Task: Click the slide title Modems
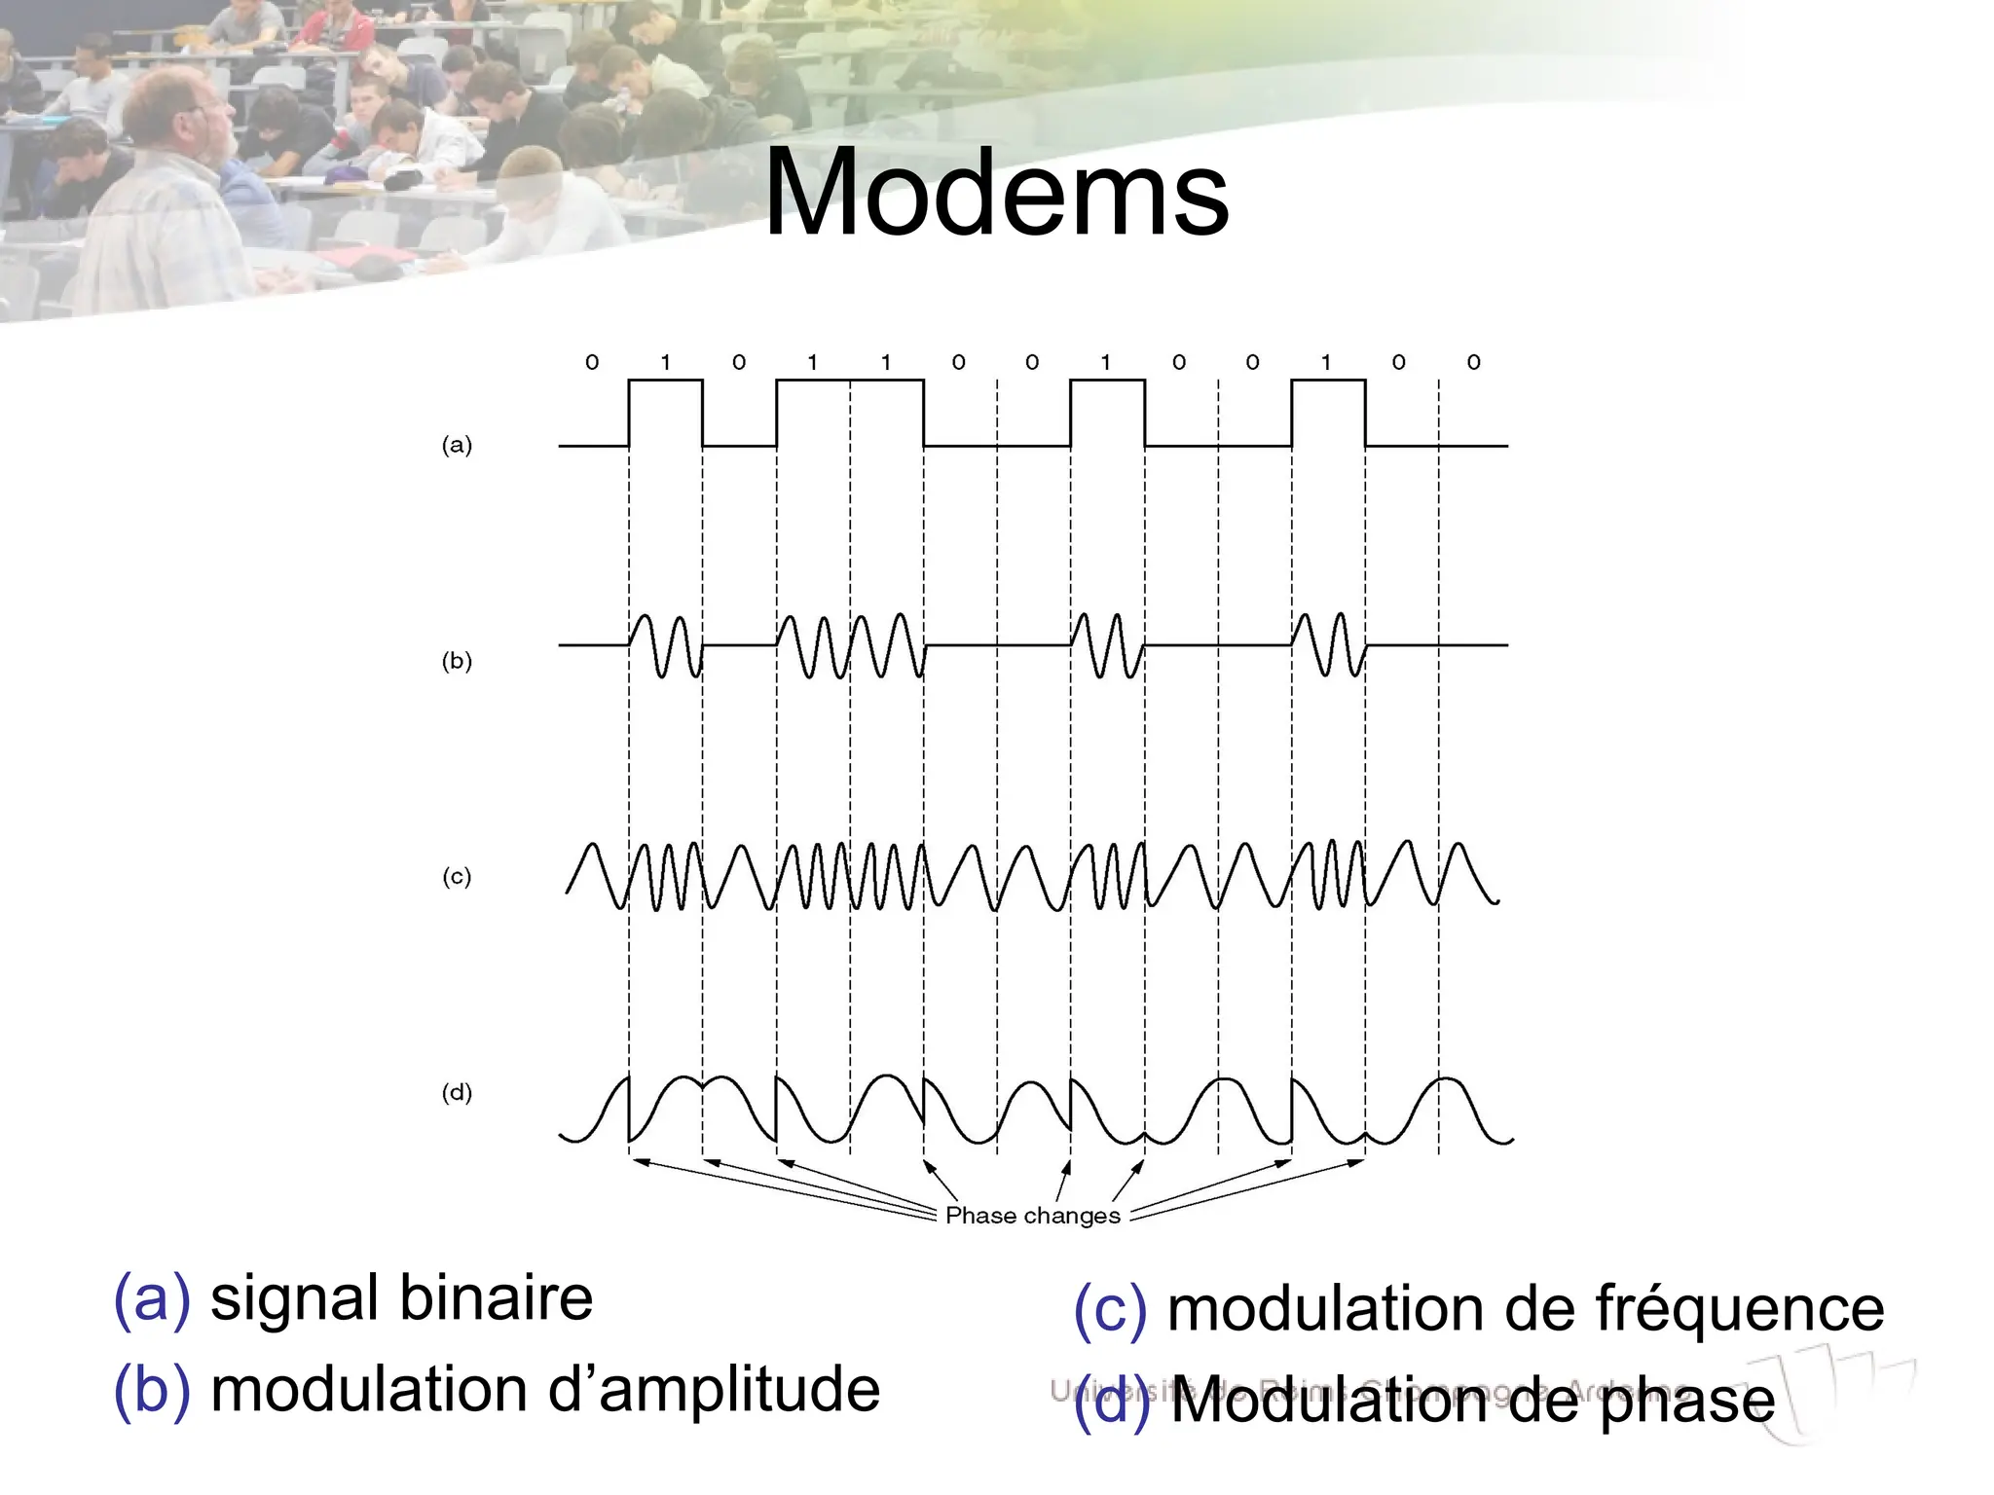(996, 193)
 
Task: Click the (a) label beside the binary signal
(457, 445)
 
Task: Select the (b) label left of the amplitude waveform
(457, 661)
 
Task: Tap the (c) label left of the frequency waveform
(457, 876)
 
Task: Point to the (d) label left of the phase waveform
(457, 1092)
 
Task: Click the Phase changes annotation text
(1032, 1216)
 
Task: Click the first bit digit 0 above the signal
(592, 362)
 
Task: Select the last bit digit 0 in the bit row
(1473, 362)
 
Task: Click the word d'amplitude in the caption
(714, 1389)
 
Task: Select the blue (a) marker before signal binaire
(152, 1298)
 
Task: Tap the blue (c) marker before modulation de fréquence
(1110, 1308)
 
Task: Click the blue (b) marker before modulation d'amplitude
(152, 1389)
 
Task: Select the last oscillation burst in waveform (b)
(1329, 644)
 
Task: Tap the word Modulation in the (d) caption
(1330, 1402)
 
